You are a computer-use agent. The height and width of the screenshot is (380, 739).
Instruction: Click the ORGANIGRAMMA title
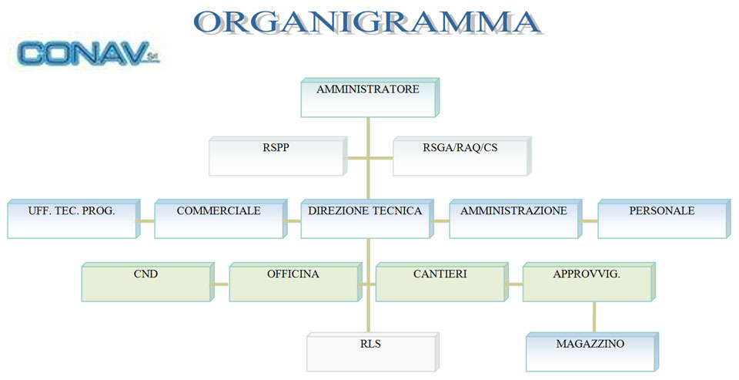368,22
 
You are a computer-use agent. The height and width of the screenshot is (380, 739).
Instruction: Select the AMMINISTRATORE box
370,98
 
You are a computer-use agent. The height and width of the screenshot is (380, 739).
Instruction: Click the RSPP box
278,156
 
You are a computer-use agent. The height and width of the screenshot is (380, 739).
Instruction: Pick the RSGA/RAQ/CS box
462,156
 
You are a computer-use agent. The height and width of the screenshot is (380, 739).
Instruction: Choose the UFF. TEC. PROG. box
74,219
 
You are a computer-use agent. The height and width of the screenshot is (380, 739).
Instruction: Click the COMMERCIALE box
221,219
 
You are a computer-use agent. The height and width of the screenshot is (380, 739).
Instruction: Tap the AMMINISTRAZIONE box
516,219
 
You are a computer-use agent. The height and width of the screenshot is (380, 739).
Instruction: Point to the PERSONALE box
664,219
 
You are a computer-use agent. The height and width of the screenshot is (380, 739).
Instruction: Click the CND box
148,282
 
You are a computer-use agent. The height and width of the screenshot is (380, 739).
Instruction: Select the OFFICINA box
296,282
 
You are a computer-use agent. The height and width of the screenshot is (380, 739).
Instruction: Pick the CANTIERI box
442,282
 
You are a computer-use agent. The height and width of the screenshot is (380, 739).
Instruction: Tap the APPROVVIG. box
589,282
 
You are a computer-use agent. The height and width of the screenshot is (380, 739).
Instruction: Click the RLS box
373,352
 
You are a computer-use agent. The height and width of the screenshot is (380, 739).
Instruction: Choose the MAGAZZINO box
592,352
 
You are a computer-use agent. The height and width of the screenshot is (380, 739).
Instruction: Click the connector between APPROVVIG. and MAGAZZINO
594,318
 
